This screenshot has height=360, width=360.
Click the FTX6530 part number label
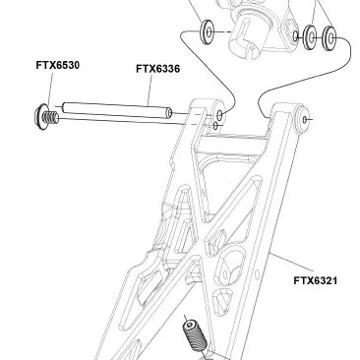pyautogui.click(x=58, y=65)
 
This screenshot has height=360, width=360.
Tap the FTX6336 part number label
pyautogui.click(x=158, y=69)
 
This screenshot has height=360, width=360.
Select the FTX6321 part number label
pyautogui.click(x=316, y=280)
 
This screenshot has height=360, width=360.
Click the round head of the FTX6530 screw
pyautogui.click(x=40, y=117)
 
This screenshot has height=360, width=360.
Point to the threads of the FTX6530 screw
pyautogui.click(x=52, y=117)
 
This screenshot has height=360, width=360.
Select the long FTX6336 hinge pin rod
pyautogui.click(x=117, y=110)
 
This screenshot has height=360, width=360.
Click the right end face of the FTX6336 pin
pyautogui.click(x=169, y=113)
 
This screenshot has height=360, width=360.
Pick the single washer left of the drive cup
pyautogui.click(x=208, y=32)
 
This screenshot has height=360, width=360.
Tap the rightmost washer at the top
pyautogui.click(x=330, y=38)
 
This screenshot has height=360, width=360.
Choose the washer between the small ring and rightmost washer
pyautogui.click(x=309, y=37)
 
